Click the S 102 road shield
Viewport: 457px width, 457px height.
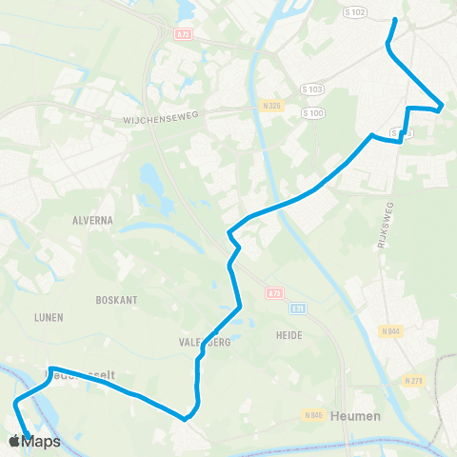(352, 11)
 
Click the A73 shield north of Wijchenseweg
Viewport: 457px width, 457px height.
(183, 33)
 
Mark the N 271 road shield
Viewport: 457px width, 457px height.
(412, 381)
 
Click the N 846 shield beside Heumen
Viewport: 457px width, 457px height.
(314, 415)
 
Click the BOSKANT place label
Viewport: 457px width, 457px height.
(117, 299)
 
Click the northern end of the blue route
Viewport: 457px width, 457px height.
(394, 19)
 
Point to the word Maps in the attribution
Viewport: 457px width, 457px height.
(42, 441)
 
